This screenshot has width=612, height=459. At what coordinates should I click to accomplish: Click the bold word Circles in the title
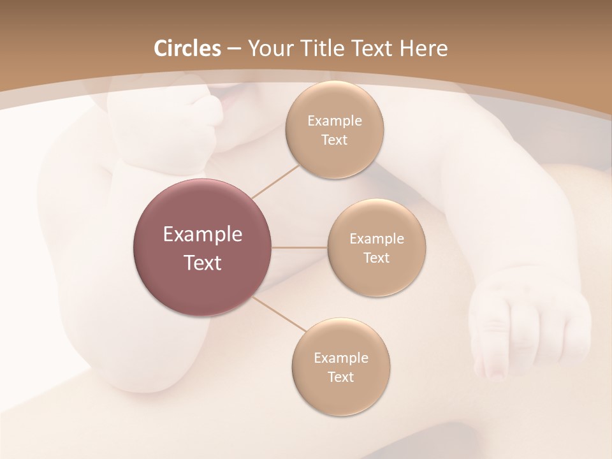point(187,48)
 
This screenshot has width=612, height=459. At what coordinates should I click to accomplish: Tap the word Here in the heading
point(423,48)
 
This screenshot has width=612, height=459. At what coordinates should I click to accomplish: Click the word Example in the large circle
point(203,235)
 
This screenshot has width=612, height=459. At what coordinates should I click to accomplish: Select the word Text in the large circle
point(203,263)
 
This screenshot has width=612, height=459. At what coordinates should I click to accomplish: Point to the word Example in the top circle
point(335,120)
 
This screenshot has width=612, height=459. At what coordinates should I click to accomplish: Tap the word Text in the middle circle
point(376,258)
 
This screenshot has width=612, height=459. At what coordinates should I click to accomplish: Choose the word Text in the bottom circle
point(340,377)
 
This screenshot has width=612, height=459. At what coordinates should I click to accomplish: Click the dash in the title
point(234,49)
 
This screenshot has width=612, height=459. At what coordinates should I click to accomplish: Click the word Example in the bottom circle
point(340,358)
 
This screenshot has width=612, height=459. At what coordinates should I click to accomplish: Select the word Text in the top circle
point(335,140)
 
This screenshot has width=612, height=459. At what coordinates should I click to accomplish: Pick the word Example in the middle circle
point(376,238)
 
